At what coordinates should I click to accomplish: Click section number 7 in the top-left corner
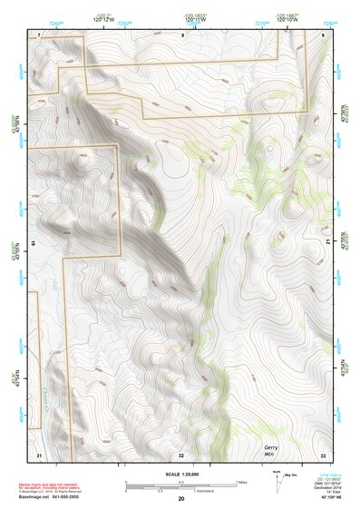tap(39, 34)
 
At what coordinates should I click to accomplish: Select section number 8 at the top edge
tap(182, 34)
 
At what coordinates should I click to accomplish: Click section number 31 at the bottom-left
tap(39, 454)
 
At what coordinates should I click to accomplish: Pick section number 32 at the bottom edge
tap(181, 454)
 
